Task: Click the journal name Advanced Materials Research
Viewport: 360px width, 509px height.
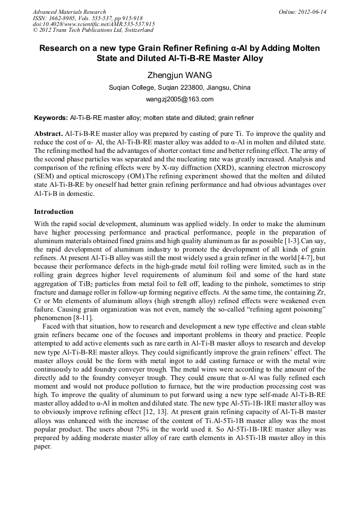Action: (x=69, y=12)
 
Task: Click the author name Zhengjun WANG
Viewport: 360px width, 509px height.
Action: (x=179, y=75)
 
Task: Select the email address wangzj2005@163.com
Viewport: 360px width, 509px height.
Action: (x=179, y=99)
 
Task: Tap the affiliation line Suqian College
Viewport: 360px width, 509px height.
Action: (x=179, y=87)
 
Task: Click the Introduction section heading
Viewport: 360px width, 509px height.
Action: (x=54, y=211)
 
